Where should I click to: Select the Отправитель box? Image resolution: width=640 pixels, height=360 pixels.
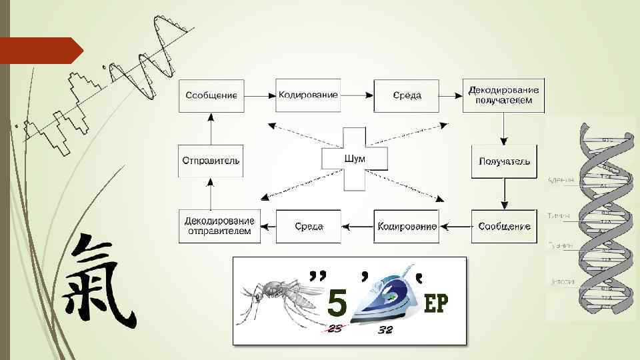click(x=211, y=161)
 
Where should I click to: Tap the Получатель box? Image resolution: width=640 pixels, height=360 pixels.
click(x=504, y=161)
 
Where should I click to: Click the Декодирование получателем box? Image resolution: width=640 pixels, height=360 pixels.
click(x=504, y=95)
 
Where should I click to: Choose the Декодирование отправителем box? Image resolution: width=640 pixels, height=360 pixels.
click(x=219, y=226)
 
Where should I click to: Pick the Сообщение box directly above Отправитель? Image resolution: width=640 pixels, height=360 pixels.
click(x=211, y=95)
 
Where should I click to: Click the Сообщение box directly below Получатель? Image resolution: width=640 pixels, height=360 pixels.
click(x=504, y=226)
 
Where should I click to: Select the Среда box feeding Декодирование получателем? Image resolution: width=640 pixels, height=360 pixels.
click(x=407, y=95)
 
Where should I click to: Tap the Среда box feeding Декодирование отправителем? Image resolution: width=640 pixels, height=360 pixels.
click(x=309, y=226)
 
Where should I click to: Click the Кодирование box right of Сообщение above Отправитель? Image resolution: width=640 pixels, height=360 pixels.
click(x=308, y=95)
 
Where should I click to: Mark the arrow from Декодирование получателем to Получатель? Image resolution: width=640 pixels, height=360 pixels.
click(x=504, y=128)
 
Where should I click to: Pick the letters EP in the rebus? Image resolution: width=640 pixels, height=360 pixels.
click(x=436, y=304)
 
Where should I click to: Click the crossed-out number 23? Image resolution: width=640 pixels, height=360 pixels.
click(x=335, y=329)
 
